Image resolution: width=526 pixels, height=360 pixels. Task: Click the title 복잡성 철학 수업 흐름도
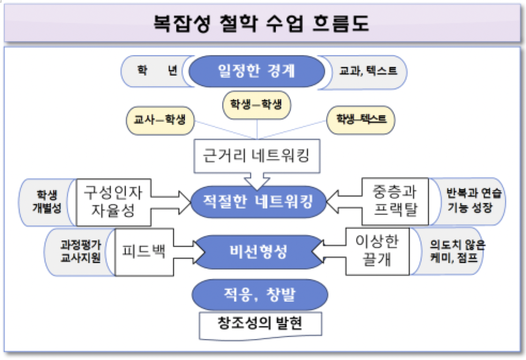tap(262, 24)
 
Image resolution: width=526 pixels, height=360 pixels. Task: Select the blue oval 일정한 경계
tap(257, 71)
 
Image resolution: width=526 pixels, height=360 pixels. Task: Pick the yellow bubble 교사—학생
tap(160, 119)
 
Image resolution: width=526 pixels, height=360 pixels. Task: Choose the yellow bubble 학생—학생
tap(257, 106)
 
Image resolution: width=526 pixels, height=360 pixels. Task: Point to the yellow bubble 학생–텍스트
tap(361, 118)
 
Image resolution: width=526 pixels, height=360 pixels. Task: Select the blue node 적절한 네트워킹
tap(258, 201)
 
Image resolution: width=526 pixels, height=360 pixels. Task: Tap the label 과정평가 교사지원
tap(80, 251)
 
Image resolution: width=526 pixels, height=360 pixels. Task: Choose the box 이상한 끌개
tap(377, 251)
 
